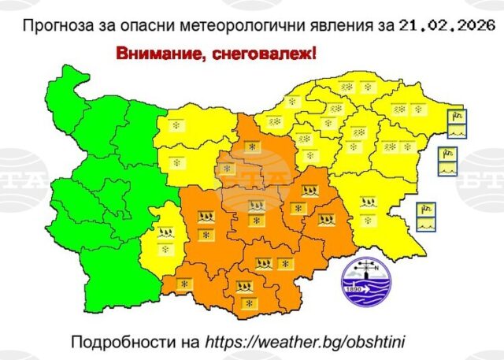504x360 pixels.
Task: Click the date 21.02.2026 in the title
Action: pos(447,25)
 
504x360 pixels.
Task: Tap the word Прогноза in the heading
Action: pos(56,25)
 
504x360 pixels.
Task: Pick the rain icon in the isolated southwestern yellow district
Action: pos(166,233)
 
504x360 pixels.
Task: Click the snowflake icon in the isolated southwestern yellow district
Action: pos(165,249)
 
